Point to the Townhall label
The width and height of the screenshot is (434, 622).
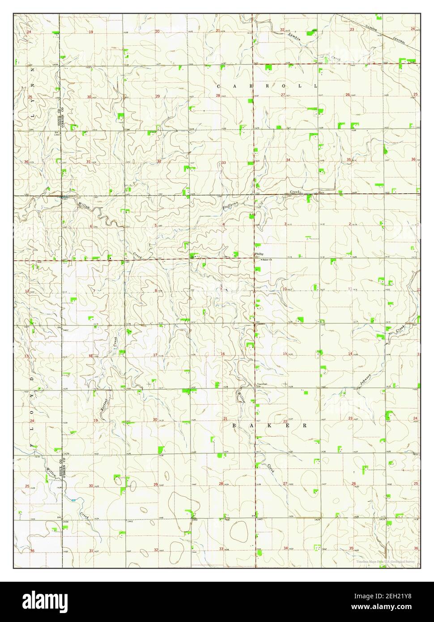pyautogui.click(x=262, y=384)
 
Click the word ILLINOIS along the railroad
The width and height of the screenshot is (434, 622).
pyautogui.click(x=372, y=27)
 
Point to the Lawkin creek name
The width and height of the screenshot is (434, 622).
pyautogui.click(x=294, y=37)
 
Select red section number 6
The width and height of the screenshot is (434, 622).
pyautogui.click(x=91, y=226)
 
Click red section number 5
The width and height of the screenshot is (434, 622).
pyautogui.click(x=156, y=226)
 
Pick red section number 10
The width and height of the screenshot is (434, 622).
pyautogui.click(x=284, y=289)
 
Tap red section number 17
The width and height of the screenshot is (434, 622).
pyautogui.click(x=155, y=355)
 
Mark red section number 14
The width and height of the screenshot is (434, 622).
pyautogui.click(x=350, y=354)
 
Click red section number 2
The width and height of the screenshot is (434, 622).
pyautogui.click(x=349, y=224)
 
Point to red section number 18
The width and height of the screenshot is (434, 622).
pyautogui.click(x=91, y=356)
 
